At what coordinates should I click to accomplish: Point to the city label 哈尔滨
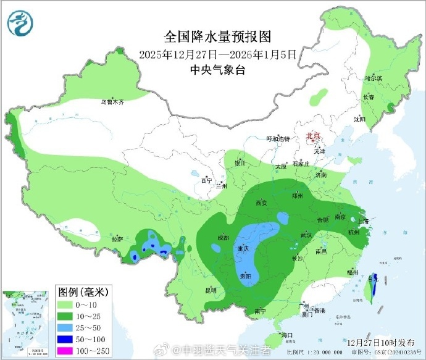coord(374,78)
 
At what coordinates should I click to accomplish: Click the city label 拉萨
coord(117,238)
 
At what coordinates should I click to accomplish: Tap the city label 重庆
coord(243,248)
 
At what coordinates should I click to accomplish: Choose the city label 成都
coord(223,238)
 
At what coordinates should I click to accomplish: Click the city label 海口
coord(285,335)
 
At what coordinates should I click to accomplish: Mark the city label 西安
coord(260,203)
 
